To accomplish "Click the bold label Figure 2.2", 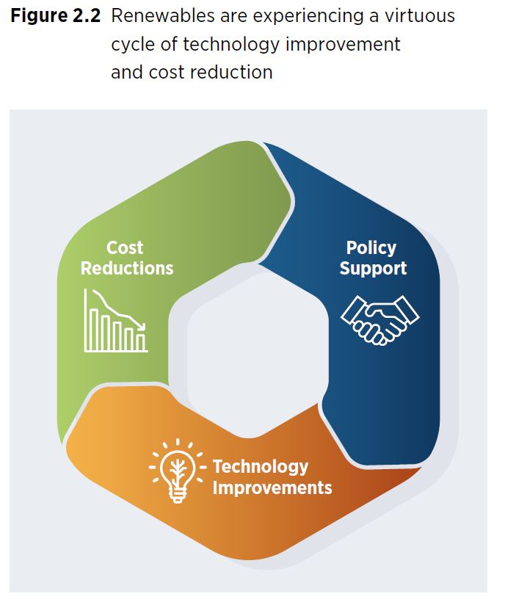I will pos(56,16).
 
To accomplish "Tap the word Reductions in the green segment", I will pos(127,268).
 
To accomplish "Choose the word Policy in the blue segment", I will pos(371,248).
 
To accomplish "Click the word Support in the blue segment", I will pos(373,268).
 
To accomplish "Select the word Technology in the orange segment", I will pos(261,467).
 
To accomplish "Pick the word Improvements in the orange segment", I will pos(272,487).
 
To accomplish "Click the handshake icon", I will pos(380,319).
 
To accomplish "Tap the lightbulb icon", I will pos(177,472).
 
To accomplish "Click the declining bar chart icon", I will pos(116,322).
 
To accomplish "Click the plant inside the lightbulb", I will pos(177,468).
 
